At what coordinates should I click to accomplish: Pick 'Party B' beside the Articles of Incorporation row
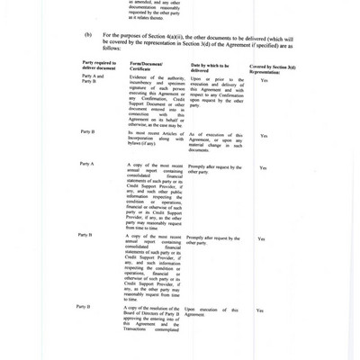pyautogui.click(x=87, y=132)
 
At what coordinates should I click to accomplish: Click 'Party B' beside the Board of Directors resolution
pyautogui.click(x=87, y=307)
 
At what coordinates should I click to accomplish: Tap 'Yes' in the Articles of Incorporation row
pyautogui.click(x=264, y=136)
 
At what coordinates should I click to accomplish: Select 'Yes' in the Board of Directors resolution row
pyautogui.click(x=259, y=310)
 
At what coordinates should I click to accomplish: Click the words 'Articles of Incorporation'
pyautogui.click(x=153, y=136)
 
